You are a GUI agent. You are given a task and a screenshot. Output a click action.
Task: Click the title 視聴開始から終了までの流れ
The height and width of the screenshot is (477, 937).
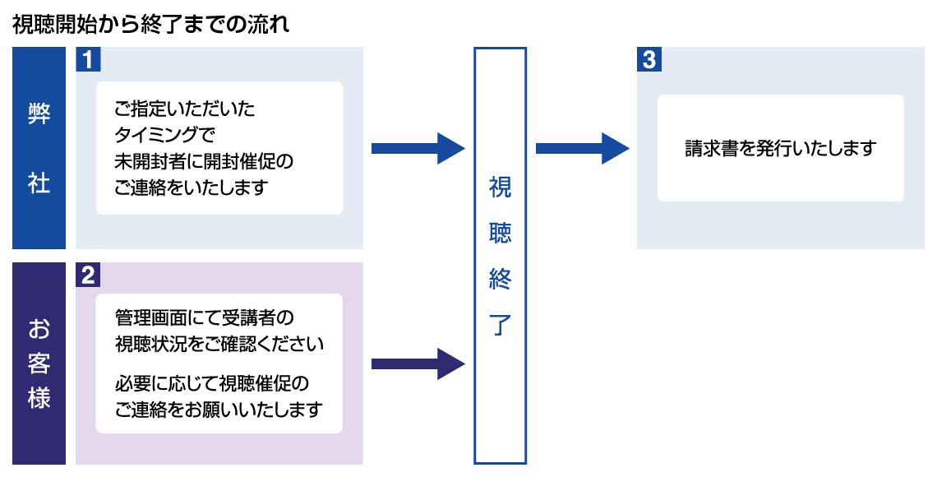click(150, 25)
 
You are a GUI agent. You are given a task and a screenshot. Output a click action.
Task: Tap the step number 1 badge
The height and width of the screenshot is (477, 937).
click(86, 59)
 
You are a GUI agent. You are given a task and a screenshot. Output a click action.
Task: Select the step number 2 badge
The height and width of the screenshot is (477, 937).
click(86, 275)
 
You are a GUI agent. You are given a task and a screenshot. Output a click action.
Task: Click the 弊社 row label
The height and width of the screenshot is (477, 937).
click(39, 148)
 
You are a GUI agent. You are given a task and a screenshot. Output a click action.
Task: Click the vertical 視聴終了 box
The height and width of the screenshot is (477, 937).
click(500, 256)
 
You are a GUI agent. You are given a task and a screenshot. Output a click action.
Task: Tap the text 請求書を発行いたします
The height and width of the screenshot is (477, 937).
click(780, 149)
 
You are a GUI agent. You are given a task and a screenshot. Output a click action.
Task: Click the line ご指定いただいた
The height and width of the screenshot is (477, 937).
click(185, 109)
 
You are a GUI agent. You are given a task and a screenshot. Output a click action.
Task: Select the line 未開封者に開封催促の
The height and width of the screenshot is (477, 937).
click(204, 161)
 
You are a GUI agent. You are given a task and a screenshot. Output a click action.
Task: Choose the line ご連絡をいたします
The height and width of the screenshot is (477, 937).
click(192, 188)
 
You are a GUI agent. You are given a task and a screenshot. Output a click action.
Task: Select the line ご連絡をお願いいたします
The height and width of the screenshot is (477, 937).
click(219, 410)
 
